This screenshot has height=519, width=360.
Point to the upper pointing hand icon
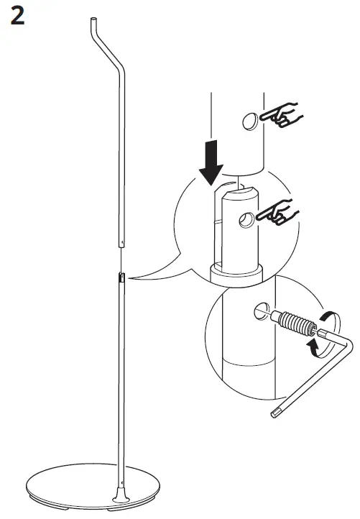283,115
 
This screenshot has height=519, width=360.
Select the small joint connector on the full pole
121,277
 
